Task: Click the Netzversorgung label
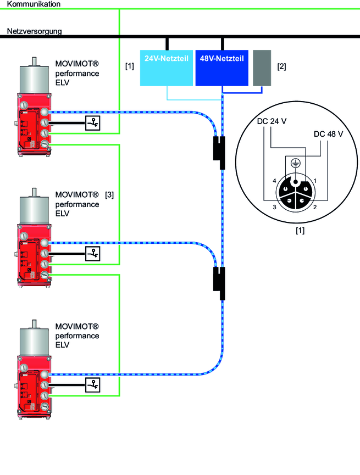point(34,31)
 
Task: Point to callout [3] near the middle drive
point(109,195)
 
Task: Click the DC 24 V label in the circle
point(271,122)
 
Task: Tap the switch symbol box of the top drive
point(93,123)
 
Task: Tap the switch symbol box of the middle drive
point(93,254)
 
